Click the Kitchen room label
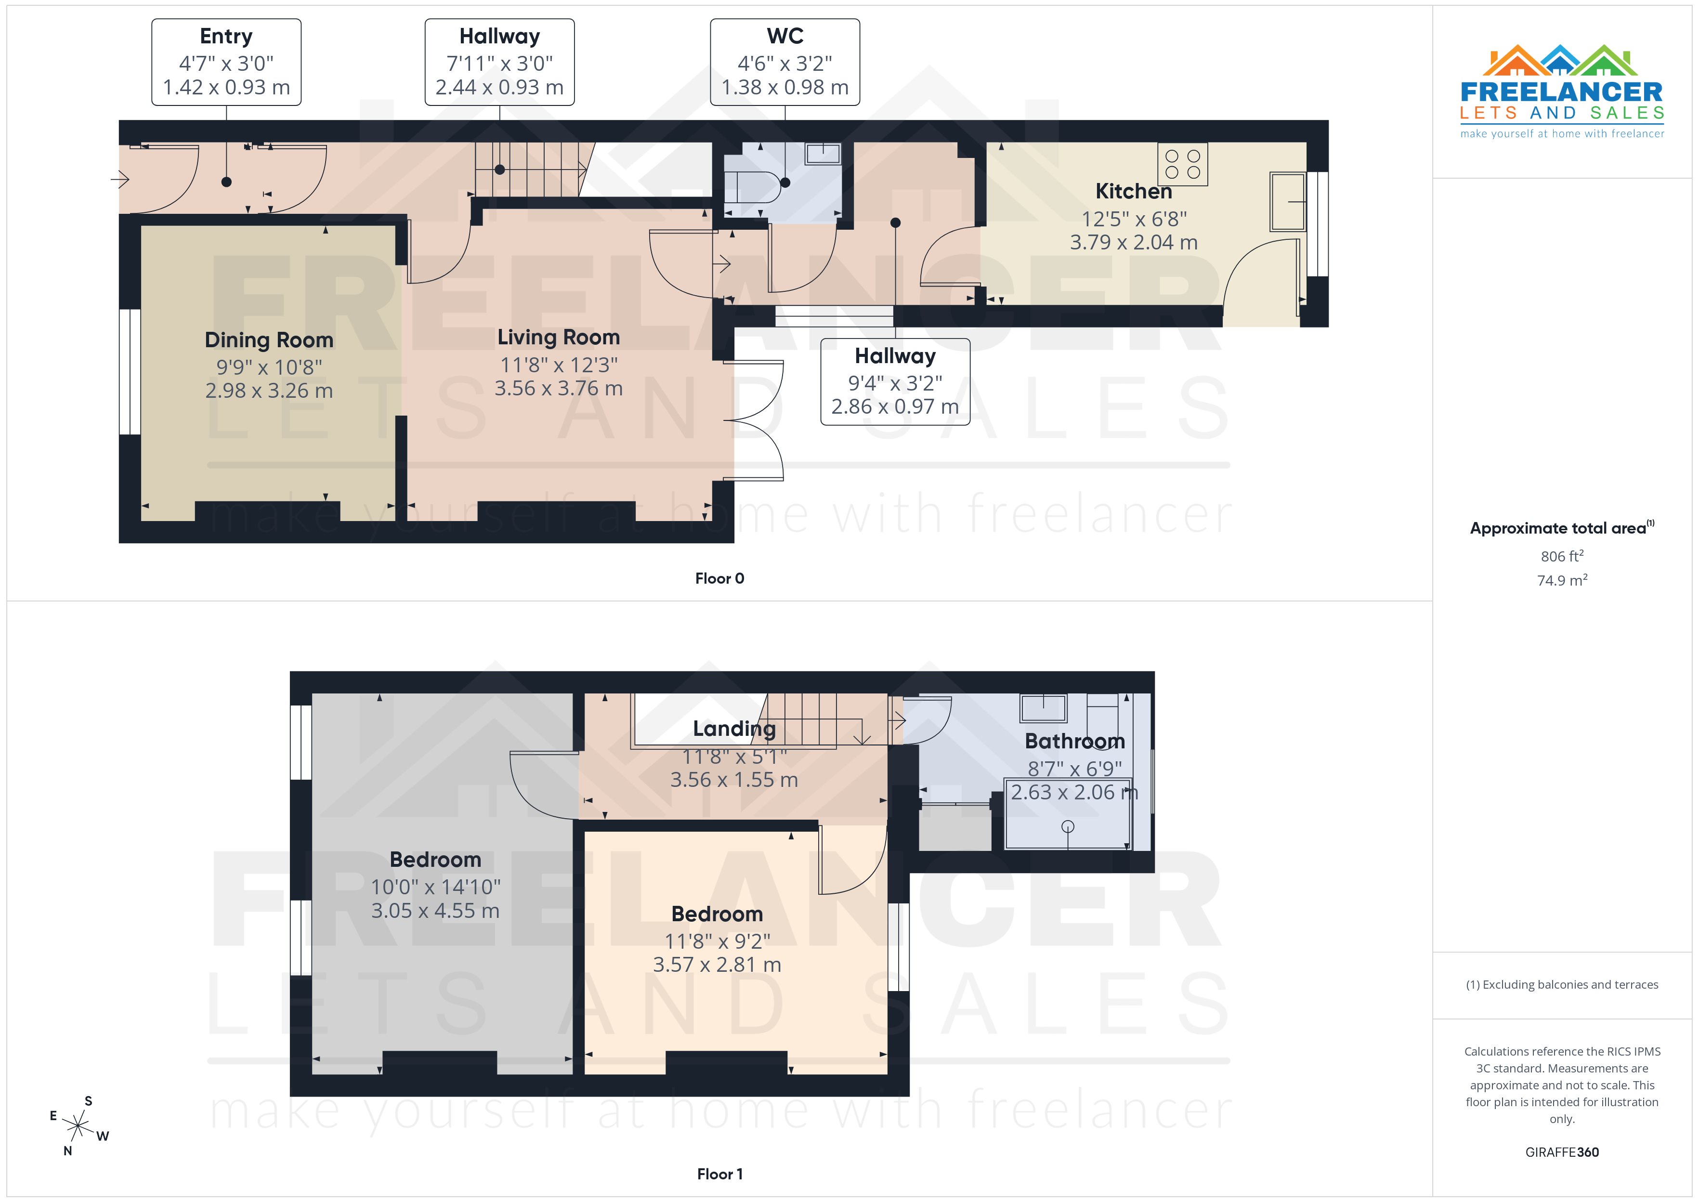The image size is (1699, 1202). [x=1133, y=192]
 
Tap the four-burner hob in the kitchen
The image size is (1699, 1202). [x=1182, y=164]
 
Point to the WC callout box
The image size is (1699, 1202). [x=784, y=62]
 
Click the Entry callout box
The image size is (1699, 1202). [x=226, y=62]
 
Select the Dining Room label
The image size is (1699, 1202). [x=269, y=340]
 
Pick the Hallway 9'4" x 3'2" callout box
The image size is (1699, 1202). [x=895, y=382]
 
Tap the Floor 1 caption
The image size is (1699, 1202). [x=719, y=1174]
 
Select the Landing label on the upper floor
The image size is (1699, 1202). [x=733, y=729]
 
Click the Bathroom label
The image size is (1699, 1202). [x=1074, y=741]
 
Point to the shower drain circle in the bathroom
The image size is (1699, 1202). [x=1067, y=827]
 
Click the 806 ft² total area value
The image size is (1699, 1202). [x=1561, y=556]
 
